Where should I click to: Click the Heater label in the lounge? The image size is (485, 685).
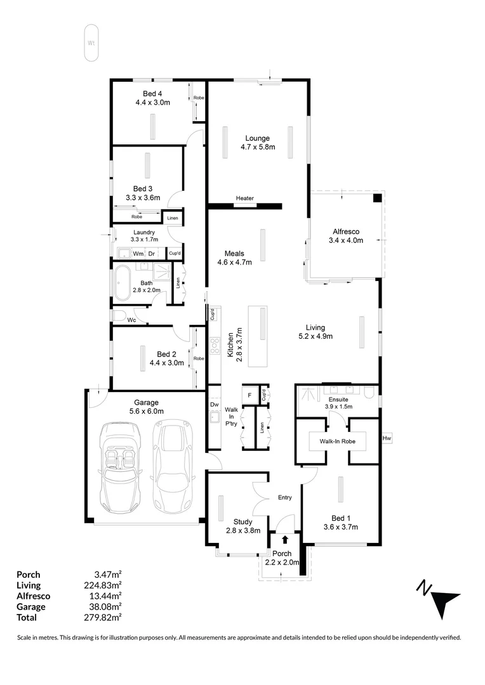(244, 199)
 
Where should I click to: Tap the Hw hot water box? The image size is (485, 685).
(387, 438)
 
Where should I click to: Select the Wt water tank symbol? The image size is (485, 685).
(91, 43)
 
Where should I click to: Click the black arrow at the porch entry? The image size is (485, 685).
(285, 539)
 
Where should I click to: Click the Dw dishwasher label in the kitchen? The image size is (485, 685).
(215, 404)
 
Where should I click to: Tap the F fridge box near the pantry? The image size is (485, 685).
(250, 395)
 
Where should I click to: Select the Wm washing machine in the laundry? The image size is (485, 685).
(137, 254)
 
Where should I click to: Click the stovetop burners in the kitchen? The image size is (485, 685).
(215, 346)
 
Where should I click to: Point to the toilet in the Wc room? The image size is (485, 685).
(119, 315)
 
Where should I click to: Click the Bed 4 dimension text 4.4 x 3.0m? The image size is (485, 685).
(152, 101)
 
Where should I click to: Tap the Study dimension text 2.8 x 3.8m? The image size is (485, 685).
(243, 531)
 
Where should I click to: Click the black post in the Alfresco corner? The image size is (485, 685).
(377, 198)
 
